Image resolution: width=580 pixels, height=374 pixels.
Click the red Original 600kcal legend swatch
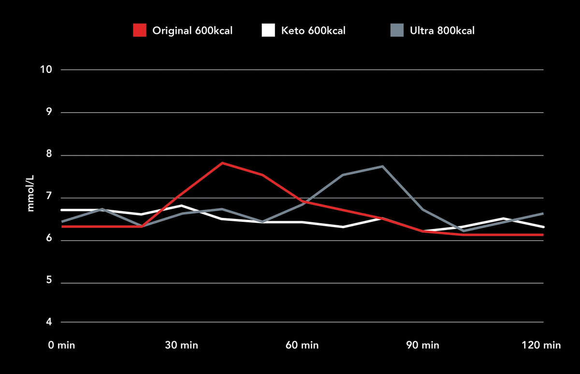(139, 30)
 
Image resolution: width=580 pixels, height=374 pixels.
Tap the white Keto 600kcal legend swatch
(268, 30)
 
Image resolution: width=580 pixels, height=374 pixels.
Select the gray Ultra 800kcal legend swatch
(397, 30)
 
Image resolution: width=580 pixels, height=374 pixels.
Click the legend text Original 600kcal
(192, 31)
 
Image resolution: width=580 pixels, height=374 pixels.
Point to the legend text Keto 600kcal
(313, 31)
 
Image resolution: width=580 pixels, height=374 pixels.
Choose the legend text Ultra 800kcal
(442, 31)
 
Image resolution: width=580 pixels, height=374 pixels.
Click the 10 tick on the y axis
(46, 70)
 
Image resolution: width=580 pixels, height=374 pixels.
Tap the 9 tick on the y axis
(49, 113)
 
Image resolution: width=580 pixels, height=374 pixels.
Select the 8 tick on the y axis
(49, 156)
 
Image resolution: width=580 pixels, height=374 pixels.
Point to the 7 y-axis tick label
(49, 198)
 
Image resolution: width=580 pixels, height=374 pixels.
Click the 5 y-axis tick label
(49, 283)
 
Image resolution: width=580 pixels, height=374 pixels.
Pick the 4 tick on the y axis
(49, 322)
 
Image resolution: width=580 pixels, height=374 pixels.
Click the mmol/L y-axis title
(31, 193)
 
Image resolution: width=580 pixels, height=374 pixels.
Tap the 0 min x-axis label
(61, 345)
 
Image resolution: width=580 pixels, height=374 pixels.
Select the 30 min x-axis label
(181, 345)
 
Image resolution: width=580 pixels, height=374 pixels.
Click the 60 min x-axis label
(302, 345)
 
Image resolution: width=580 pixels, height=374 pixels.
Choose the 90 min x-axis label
(423, 345)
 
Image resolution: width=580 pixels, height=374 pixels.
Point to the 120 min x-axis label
(541, 345)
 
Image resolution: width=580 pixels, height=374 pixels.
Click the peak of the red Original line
(222, 163)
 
